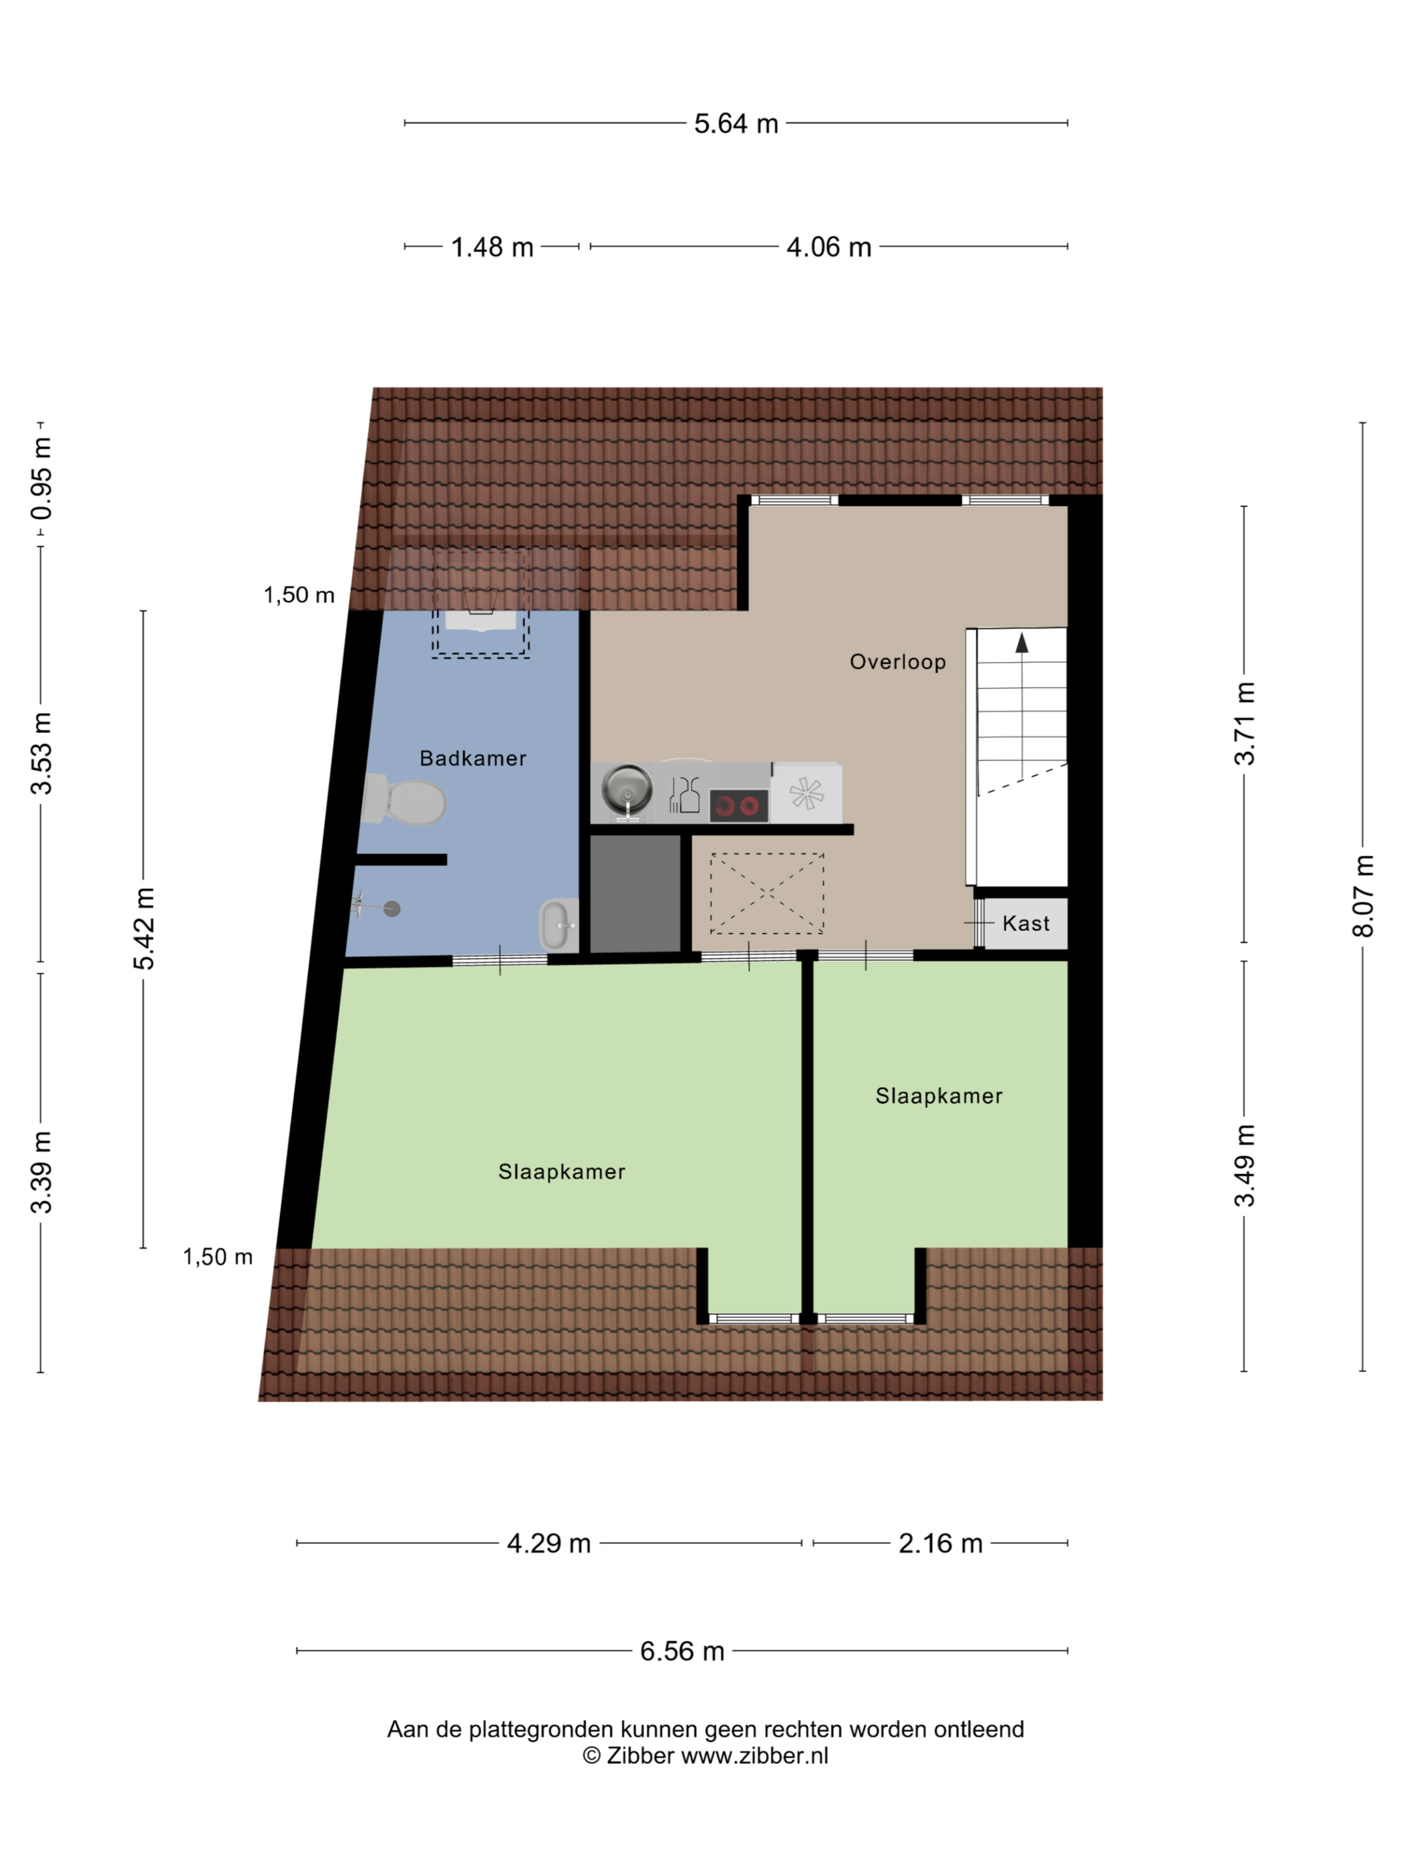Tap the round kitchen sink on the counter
(x=627, y=789)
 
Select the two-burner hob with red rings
(x=738, y=805)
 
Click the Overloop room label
(x=897, y=662)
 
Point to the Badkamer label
(x=473, y=758)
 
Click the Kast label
(x=1026, y=923)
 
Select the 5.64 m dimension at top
(x=736, y=124)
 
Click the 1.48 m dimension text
(x=492, y=247)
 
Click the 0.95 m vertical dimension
(x=41, y=478)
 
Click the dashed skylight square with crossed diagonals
(x=766, y=893)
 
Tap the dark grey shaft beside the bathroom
(x=634, y=893)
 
